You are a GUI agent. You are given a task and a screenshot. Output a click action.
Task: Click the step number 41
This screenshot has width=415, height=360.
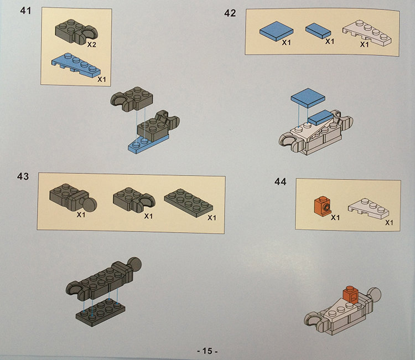25,11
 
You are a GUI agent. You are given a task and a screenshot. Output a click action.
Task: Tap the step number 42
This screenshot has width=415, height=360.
230,13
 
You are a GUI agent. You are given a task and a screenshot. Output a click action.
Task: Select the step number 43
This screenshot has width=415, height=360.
23,177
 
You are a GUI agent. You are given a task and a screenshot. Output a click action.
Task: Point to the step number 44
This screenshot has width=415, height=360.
281,182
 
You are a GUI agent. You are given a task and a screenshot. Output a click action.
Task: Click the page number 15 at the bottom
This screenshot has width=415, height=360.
207,351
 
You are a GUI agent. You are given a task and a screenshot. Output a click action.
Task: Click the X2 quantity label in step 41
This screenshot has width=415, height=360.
91,45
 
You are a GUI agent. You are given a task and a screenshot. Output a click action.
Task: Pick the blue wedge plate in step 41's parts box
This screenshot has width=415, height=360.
76,65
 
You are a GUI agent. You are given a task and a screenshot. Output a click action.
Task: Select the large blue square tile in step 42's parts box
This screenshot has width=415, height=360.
276,31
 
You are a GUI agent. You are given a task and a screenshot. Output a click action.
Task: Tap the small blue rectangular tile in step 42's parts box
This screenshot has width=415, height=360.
318,30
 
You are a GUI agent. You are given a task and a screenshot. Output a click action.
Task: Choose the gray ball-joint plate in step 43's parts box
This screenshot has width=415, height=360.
73,198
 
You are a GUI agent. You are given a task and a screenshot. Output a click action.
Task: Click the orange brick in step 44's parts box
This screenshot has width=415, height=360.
323,205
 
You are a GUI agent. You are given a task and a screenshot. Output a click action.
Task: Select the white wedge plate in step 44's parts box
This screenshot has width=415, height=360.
369,208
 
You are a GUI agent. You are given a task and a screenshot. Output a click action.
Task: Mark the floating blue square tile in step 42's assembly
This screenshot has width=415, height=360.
308,97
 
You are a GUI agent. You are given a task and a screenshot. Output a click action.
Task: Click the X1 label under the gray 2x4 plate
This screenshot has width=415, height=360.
212,218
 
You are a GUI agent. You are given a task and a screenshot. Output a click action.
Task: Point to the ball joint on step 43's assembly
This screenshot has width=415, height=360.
134,264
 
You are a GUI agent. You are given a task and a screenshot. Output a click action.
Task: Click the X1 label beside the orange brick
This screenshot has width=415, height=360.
335,218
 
